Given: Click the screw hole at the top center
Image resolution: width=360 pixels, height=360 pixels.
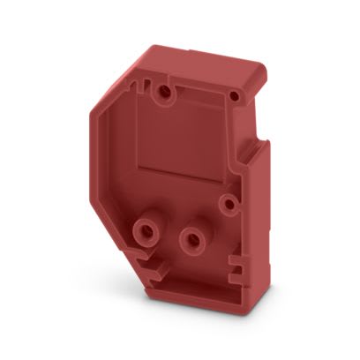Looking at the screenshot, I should tap(161, 90).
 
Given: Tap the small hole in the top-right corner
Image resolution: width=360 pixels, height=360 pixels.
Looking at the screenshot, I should tap(236, 94).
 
